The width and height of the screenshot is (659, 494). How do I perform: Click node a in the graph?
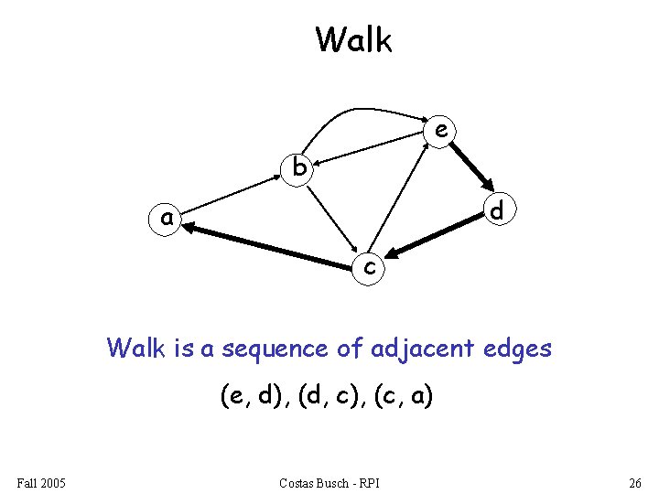click(166, 220)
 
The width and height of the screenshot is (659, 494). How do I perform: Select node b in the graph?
click(298, 167)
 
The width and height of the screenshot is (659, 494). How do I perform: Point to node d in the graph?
click(497, 210)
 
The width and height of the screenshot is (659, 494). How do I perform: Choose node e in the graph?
click(441, 131)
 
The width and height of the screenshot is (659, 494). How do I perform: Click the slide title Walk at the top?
click(353, 40)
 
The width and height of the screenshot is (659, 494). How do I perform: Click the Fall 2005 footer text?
click(41, 482)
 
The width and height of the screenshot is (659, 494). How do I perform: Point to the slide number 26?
click(634, 482)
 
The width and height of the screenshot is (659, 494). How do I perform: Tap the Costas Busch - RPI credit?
click(330, 482)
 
